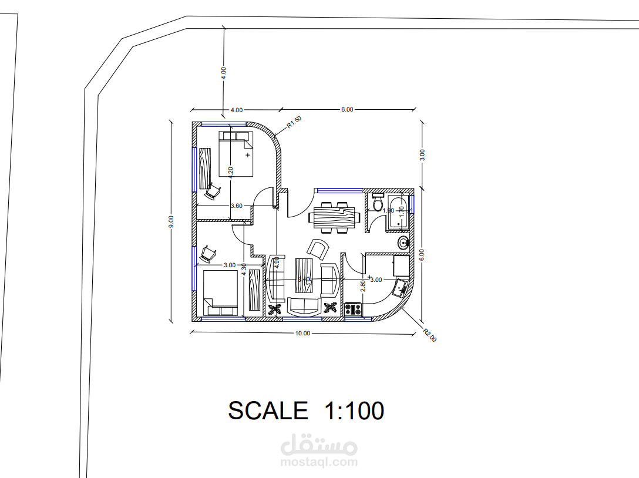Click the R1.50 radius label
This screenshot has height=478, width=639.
(x=294, y=122)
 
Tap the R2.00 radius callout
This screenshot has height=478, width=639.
(x=430, y=335)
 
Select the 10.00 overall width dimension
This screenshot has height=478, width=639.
(x=302, y=333)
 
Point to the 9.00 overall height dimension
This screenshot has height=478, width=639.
(x=171, y=221)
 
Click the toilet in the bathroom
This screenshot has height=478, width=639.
(x=378, y=203)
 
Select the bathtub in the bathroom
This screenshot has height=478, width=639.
(x=400, y=213)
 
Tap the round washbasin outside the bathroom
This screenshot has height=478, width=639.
(x=404, y=243)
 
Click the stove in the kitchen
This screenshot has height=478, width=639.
(x=353, y=308)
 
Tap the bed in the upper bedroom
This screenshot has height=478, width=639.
(x=236, y=154)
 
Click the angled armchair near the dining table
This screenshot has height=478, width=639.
(x=318, y=249)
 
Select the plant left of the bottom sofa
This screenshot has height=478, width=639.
(x=275, y=309)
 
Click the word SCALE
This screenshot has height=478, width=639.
(x=268, y=410)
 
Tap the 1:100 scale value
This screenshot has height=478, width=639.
(x=354, y=410)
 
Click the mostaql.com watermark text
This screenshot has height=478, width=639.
(x=319, y=462)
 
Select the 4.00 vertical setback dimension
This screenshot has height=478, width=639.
(x=223, y=73)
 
